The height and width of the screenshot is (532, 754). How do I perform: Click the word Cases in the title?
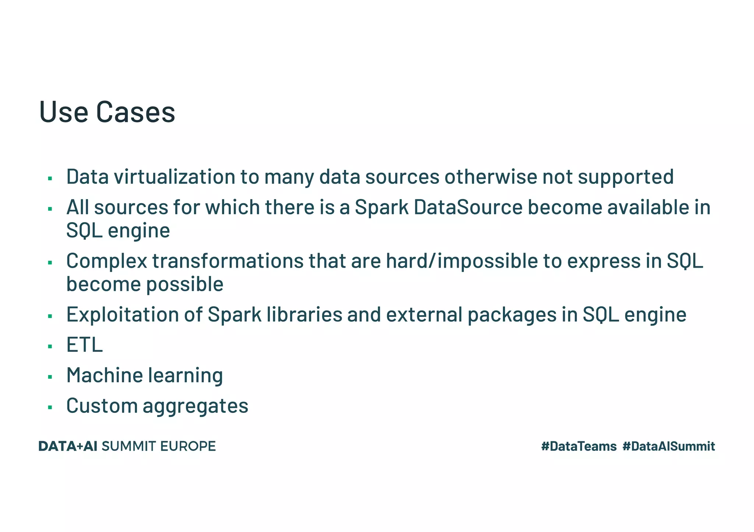[x=135, y=112]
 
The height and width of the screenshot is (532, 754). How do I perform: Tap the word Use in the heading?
[x=63, y=112]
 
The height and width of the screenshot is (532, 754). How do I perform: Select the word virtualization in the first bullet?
[x=174, y=176]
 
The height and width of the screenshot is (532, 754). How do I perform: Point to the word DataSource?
[x=468, y=207]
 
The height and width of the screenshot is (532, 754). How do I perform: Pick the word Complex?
[x=106, y=261]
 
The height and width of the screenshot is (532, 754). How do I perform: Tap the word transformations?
[x=228, y=261]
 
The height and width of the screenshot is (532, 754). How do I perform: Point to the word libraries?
[x=304, y=315]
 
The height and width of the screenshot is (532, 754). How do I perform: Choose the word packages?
[x=512, y=315]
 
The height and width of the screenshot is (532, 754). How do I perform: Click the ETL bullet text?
[x=84, y=345]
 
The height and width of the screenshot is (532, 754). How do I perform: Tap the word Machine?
[x=104, y=375]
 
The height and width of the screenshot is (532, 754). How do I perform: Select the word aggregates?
[x=195, y=406]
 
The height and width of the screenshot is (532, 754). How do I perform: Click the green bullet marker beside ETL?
[x=50, y=346]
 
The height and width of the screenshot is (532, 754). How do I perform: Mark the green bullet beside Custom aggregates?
[x=50, y=407]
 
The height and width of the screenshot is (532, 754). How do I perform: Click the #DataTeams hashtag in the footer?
[x=579, y=446]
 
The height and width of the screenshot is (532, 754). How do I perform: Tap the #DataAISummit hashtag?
[x=669, y=446]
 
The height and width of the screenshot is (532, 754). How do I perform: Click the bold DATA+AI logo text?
[x=68, y=446]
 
